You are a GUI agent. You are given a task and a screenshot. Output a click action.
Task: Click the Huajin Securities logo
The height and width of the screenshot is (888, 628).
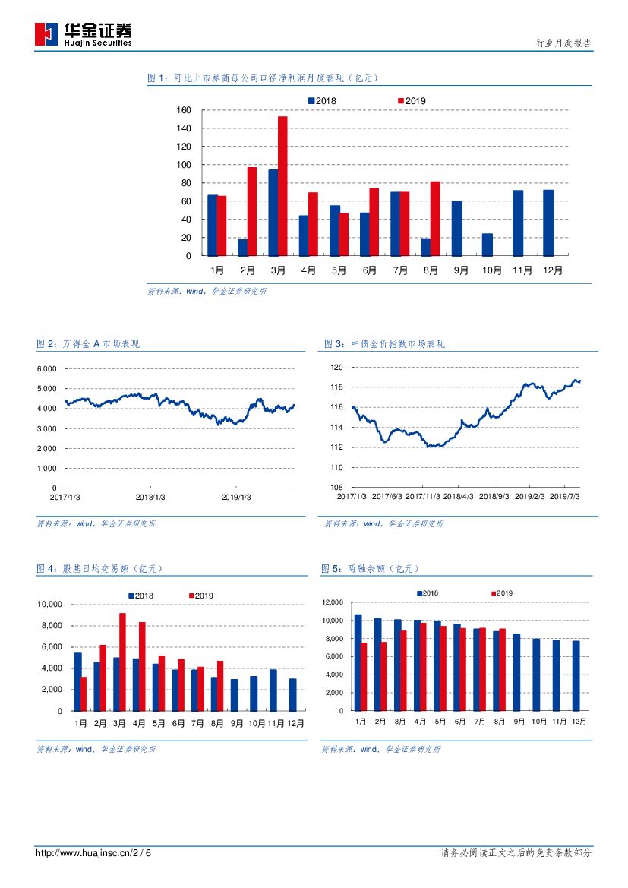pyautogui.click(x=83, y=34)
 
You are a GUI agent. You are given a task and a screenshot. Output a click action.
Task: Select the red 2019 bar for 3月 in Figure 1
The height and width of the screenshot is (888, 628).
pyautogui.click(x=282, y=186)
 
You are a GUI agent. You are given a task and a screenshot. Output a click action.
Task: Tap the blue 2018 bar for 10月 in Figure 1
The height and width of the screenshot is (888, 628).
pyautogui.click(x=487, y=245)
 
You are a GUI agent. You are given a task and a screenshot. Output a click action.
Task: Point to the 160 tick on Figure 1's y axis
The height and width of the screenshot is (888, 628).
pyautogui.click(x=183, y=110)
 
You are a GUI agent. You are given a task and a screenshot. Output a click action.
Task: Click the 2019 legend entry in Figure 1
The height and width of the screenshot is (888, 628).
pyautogui.click(x=412, y=101)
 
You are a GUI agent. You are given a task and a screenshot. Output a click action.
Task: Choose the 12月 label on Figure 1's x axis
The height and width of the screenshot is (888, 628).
pyautogui.click(x=554, y=270)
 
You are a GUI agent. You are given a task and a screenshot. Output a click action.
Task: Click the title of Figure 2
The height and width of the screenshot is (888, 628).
pyautogui.click(x=88, y=344)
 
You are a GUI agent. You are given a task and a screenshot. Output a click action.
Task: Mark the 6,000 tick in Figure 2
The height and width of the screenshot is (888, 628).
pyautogui.click(x=46, y=369)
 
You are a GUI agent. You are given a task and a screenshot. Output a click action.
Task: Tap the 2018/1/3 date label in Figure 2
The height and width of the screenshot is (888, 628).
pyautogui.click(x=150, y=498)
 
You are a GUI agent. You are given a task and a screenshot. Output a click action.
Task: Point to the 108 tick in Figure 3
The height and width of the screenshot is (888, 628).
pyautogui.click(x=337, y=488)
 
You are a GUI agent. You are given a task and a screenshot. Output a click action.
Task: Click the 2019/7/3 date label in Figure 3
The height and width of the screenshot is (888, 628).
pyautogui.click(x=563, y=497)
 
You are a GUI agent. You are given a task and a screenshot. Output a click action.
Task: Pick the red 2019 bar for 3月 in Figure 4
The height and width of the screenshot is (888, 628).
pyautogui.click(x=122, y=662)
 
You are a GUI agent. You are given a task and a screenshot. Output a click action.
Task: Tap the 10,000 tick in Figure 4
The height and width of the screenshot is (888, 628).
pyautogui.click(x=49, y=605)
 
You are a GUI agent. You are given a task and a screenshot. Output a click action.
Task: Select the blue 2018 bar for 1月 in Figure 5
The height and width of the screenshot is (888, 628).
pyautogui.click(x=358, y=662)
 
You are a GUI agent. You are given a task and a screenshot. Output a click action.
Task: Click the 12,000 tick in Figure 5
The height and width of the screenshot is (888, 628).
pyautogui.click(x=333, y=602)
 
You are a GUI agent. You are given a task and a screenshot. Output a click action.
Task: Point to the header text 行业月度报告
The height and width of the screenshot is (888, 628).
pyautogui.click(x=563, y=44)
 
